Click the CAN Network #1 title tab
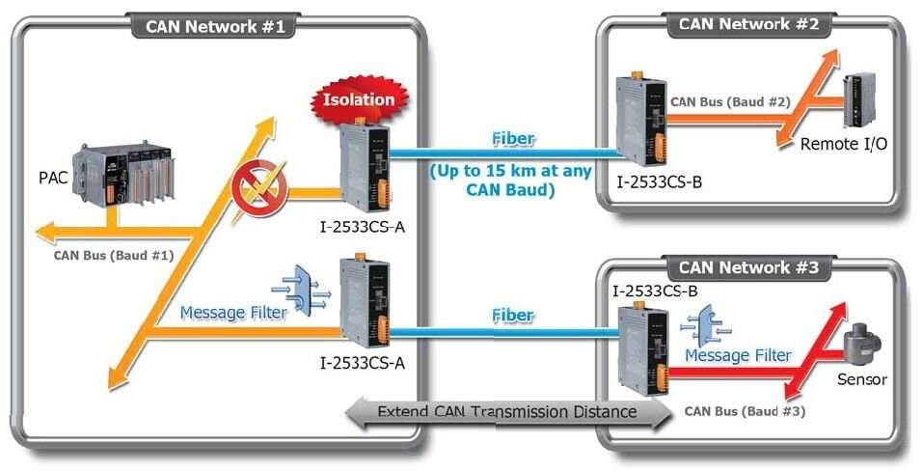coord(215,26)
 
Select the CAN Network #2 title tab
coord(748,24)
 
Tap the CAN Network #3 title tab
coord(748,267)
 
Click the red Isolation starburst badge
coord(359,98)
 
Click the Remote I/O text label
coord(844,144)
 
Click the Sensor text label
coord(861,379)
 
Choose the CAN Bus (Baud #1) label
coord(113,256)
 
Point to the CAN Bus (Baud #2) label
coord(730,100)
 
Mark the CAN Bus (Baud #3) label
coord(745,410)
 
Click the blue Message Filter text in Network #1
coord(233,313)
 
